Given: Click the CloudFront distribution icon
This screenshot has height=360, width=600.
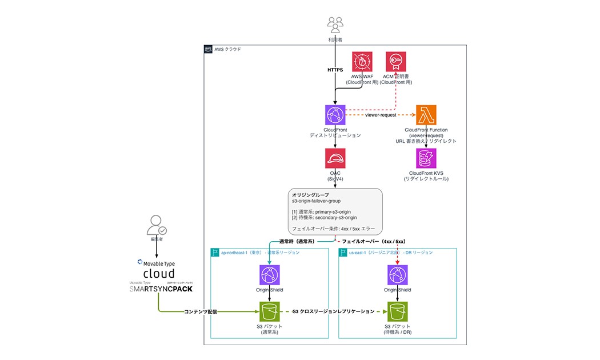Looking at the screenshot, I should (x=335, y=115).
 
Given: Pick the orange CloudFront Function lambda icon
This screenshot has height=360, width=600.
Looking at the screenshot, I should (x=426, y=115).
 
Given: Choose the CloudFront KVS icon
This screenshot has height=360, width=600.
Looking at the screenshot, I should (x=426, y=158).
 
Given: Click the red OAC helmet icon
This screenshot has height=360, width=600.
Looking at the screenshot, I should (x=335, y=158).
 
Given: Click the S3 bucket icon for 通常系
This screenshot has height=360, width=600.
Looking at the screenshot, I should (x=269, y=312).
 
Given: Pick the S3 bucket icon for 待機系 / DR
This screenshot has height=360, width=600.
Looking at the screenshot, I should (x=398, y=312).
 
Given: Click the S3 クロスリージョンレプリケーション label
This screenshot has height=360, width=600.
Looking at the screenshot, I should (x=333, y=312).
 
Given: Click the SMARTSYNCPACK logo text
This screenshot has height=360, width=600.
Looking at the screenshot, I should (x=161, y=289).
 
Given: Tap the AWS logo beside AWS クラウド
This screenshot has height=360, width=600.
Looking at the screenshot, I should (x=208, y=50).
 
